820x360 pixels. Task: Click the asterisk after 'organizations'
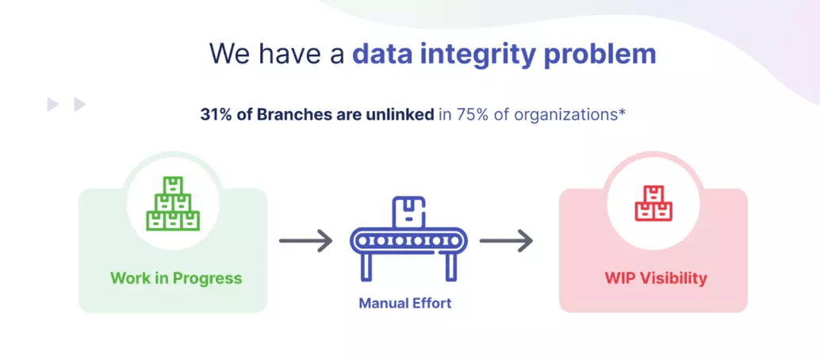[x=622, y=112]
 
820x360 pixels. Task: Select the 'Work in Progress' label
[x=176, y=278]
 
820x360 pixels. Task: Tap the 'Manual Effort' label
[x=405, y=303]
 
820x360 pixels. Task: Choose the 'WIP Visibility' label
[x=656, y=278]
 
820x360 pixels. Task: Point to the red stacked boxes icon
[x=653, y=203]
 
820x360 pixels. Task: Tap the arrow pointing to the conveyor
[x=306, y=241]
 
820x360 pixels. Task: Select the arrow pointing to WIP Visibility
[x=506, y=241]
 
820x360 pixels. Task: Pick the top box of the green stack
[x=173, y=185]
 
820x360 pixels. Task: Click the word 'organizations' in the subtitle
[x=565, y=115]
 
